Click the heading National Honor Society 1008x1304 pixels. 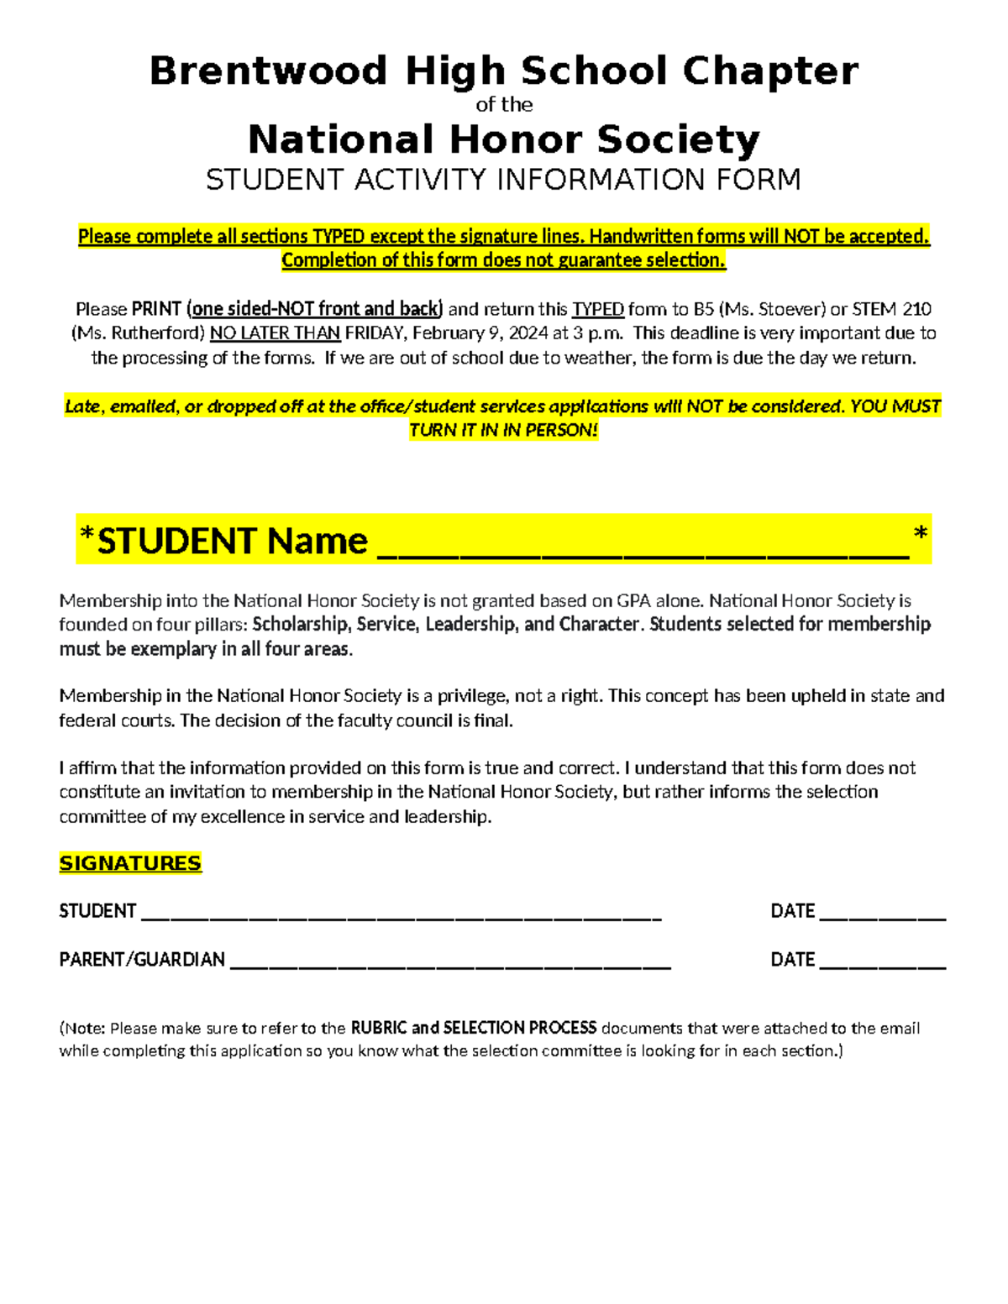(504, 139)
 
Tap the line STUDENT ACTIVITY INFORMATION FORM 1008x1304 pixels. (503, 180)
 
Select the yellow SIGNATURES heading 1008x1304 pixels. (130, 863)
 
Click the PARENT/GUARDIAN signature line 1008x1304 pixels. (449, 964)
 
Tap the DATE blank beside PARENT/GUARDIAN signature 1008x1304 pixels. (882, 964)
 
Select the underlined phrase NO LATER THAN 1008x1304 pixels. (275, 333)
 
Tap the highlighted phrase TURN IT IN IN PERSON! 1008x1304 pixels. (503, 431)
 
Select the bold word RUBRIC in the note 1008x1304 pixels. (378, 1028)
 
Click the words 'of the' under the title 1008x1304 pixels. (504, 105)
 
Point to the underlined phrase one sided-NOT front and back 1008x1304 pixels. (317, 309)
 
